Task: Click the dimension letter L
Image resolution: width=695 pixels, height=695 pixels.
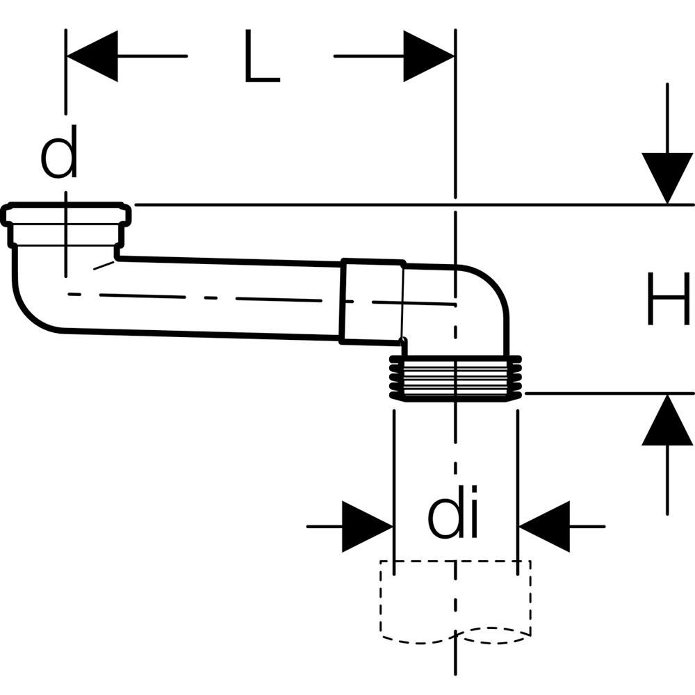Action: pyautogui.click(x=262, y=57)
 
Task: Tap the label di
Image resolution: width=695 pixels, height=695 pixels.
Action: pyautogui.click(x=454, y=518)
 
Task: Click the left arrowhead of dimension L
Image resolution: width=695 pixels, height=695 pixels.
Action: pyautogui.click(x=91, y=56)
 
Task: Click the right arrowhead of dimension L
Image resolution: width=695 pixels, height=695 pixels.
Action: pyautogui.click(x=428, y=56)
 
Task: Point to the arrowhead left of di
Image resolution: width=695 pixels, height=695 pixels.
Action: pyautogui.click(x=368, y=527)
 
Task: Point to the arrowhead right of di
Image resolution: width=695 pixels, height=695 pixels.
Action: pyautogui.click(x=544, y=527)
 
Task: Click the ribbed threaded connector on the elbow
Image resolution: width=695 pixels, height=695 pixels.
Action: pyautogui.click(x=454, y=379)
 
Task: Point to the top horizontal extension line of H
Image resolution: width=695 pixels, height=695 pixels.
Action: pyautogui.click(x=417, y=205)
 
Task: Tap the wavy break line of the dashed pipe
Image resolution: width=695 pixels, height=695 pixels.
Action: pyautogui.click(x=455, y=635)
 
